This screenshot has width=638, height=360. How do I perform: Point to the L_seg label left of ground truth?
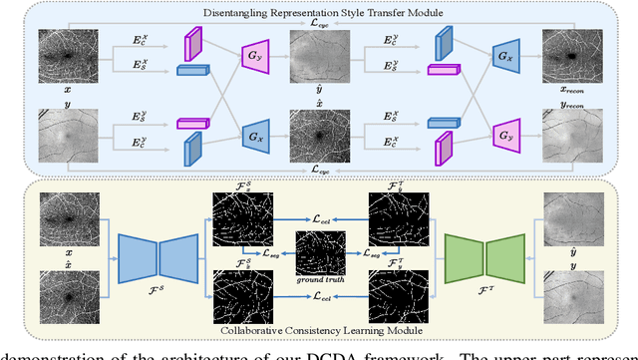pos(270,255)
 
